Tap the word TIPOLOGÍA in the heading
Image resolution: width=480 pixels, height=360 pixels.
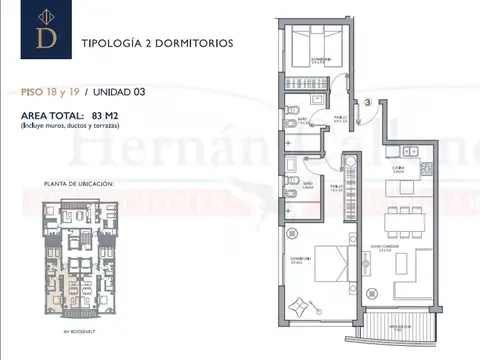[116, 44]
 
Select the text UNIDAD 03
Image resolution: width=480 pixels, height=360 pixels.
[119, 91]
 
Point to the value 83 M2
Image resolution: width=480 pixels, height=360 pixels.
[121, 116]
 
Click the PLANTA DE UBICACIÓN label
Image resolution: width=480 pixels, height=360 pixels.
[79, 184]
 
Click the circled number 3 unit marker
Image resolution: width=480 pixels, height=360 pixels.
[368, 101]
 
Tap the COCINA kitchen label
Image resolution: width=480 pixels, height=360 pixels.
[397, 168]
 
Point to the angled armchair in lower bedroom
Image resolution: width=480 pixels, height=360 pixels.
[297, 306]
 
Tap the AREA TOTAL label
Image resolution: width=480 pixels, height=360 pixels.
[52, 116]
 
